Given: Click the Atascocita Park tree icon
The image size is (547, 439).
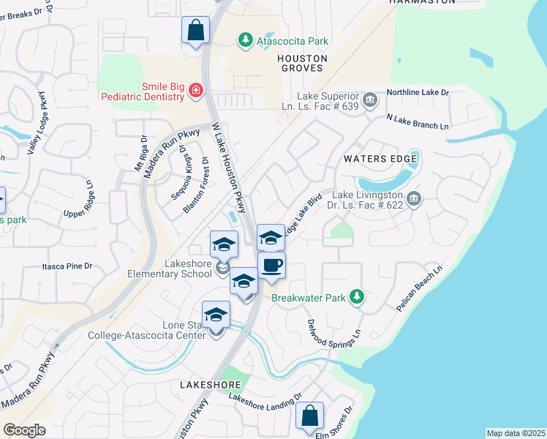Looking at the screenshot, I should coord(247,41).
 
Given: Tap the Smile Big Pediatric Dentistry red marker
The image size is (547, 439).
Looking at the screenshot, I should coord(195,91).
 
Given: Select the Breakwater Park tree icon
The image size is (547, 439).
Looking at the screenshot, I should coord(357,296).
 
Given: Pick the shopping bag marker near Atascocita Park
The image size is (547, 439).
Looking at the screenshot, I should coord(196,30).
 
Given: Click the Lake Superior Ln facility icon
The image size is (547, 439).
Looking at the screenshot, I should coord(370,99).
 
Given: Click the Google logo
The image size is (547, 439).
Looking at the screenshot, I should coord(24,430).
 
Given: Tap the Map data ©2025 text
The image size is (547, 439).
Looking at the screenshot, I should coord(515,433).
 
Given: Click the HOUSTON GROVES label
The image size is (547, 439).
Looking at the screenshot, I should coord(301,63).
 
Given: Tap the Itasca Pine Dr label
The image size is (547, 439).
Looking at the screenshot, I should coord(67,266).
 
